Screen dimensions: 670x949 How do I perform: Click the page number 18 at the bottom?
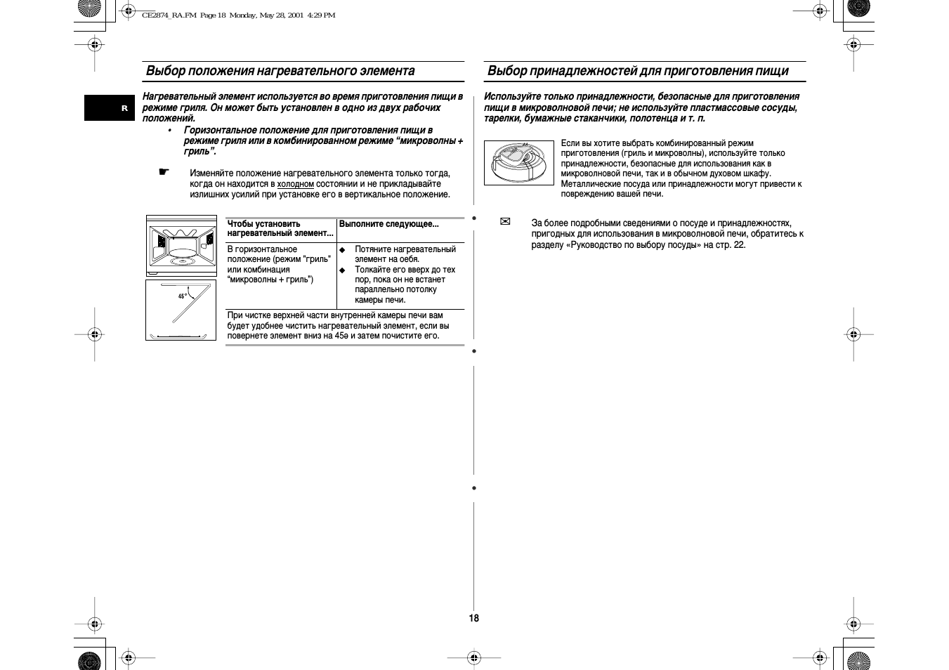(x=474, y=618)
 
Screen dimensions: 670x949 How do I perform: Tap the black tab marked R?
(x=109, y=107)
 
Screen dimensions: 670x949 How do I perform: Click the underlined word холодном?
(x=295, y=184)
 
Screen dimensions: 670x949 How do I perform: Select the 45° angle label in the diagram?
(x=183, y=296)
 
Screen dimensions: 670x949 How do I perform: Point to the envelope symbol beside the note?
(x=504, y=222)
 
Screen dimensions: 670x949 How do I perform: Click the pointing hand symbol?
(x=164, y=172)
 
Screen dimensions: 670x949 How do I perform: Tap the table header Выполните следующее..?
(x=388, y=224)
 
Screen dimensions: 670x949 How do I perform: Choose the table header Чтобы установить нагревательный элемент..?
(x=280, y=228)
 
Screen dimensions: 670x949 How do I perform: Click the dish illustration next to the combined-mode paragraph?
(x=519, y=163)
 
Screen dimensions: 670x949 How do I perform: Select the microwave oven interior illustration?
(x=181, y=245)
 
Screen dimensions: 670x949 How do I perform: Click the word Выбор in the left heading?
(x=166, y=71)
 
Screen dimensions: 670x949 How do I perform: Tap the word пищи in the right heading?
(x=773, y=71)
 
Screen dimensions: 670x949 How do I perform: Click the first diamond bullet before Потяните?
(x=343, y=250)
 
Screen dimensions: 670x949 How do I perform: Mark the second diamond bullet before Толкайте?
(x=343, y=270)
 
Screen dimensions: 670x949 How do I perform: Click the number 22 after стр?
(x=739, y=245)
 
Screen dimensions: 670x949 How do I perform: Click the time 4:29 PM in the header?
(x=321, y=15)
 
